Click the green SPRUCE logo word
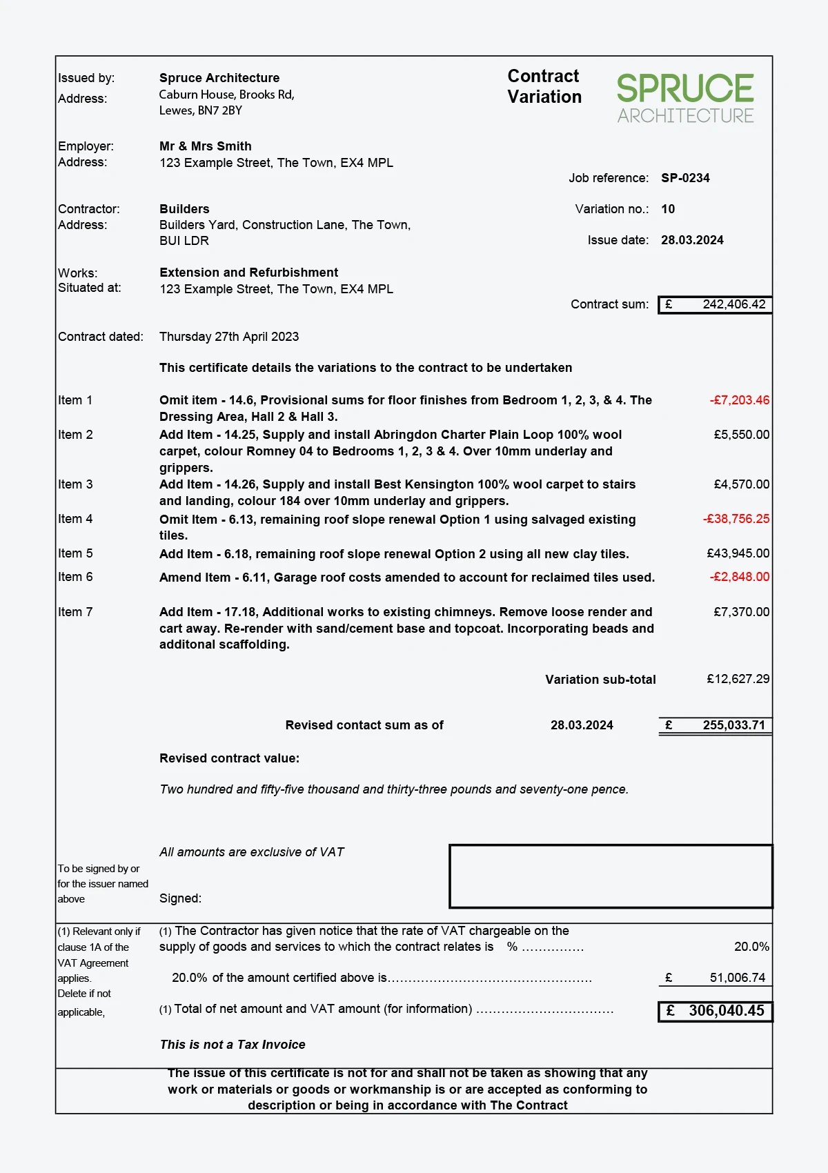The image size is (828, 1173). click(684, 88)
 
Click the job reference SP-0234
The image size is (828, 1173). click(685, 178)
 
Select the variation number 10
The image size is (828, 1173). click(668, 209)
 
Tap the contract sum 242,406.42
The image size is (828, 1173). click(733, 304)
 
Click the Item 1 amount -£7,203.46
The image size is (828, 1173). click(739, 400)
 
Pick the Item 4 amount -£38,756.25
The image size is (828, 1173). click(736, 519)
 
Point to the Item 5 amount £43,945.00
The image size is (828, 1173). click(738, 553)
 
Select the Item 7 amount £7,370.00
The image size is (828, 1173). click(741, 612)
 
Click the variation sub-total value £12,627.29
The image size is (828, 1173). click(738, 679)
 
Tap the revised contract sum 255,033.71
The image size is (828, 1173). click(733, 725)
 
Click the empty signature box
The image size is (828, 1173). click(610, 876)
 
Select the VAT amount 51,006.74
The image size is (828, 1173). click(737, 978)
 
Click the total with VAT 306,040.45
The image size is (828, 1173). click(726, 1011)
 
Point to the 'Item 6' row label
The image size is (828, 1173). click(75, 577)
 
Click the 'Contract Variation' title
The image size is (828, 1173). click(544, 86)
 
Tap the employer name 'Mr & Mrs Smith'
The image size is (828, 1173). click(205, 146)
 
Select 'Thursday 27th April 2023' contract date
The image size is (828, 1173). click(229, 337)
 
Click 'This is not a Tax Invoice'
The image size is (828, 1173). click(233, 1045)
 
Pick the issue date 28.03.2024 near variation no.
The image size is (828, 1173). click(692, 240)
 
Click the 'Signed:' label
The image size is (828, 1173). click(180, 898)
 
